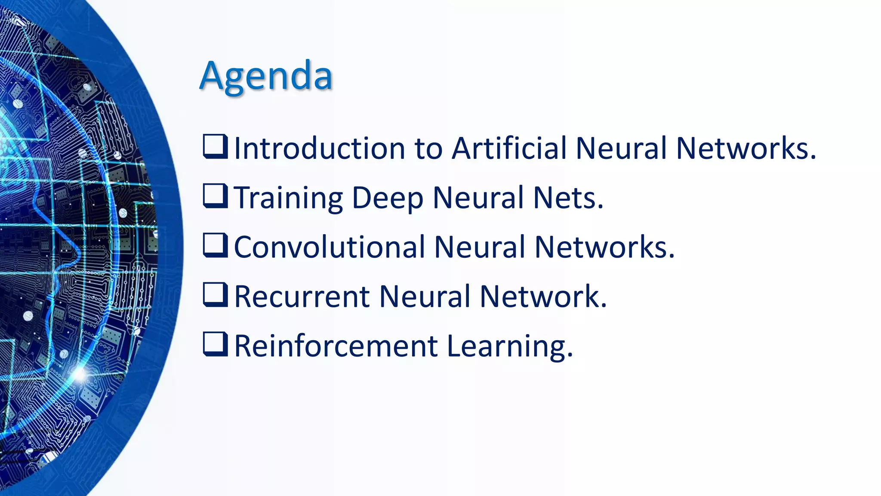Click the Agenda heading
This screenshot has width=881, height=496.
(266, 76)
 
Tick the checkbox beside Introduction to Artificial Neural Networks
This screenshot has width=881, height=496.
(215, 146)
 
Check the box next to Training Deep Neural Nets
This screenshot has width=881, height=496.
(215, 196)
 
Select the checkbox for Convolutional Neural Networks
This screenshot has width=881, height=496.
(215, 245)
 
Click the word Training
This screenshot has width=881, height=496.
(288, 198)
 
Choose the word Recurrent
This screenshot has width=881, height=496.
(302, 297)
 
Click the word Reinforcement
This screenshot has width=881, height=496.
(336, 346)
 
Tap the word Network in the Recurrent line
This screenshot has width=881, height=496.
(539, 297)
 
